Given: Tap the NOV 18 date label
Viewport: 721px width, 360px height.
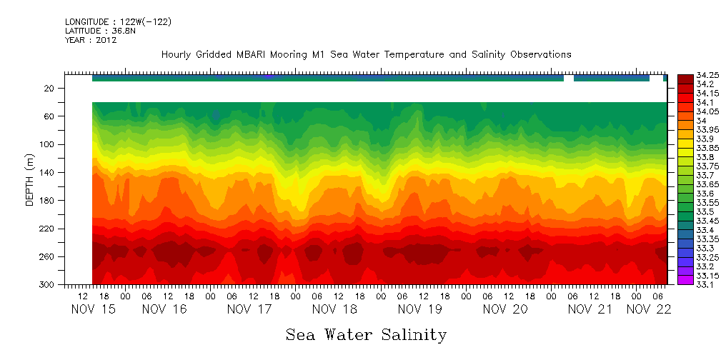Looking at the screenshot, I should [334, 309].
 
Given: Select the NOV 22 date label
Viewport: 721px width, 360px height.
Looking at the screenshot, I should [647, 309].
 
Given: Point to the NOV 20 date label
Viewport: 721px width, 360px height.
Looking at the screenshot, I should [504, 309].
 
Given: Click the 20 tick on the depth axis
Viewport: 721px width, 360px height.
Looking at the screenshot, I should [50, 88].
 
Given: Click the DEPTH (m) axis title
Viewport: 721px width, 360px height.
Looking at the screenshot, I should [30, 182].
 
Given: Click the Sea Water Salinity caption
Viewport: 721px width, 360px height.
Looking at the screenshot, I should [366, 335].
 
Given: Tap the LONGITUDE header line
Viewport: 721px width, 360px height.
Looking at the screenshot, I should [118, 22].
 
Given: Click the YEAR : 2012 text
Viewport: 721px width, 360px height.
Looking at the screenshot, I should [91, 40].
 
